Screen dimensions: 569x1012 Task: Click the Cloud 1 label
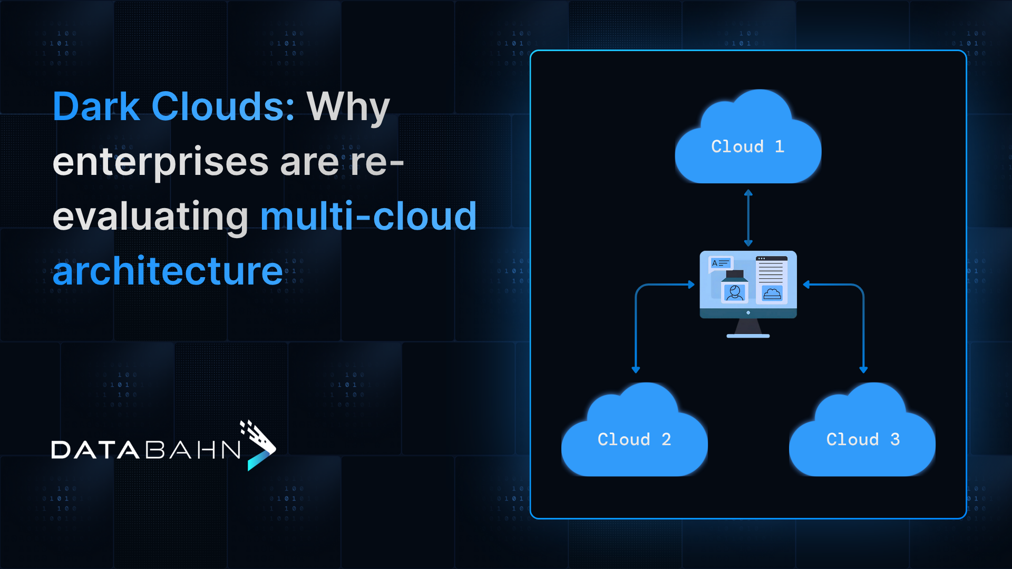[747, 146]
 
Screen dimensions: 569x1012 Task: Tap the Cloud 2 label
[634, 439]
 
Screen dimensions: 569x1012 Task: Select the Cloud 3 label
[863, 439]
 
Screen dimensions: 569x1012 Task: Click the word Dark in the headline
[96, 107]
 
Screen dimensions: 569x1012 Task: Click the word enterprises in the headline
[161, 162]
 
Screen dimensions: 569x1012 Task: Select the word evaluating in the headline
[150, 217]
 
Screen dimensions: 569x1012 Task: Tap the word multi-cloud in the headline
[368, 217]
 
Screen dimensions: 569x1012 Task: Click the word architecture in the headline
[168, 271]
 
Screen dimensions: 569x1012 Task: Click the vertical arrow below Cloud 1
[748, 218]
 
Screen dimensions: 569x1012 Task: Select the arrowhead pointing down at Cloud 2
[636, 370]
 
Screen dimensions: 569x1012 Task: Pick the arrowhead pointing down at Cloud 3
[863, 370]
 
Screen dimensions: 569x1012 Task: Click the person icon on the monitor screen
[734, 292]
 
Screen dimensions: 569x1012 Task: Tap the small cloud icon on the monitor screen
[772, 293]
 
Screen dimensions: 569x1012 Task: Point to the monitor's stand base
[748, 336]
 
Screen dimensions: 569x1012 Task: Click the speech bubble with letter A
[721, 263]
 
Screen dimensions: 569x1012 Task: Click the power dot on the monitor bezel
[748, 313]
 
